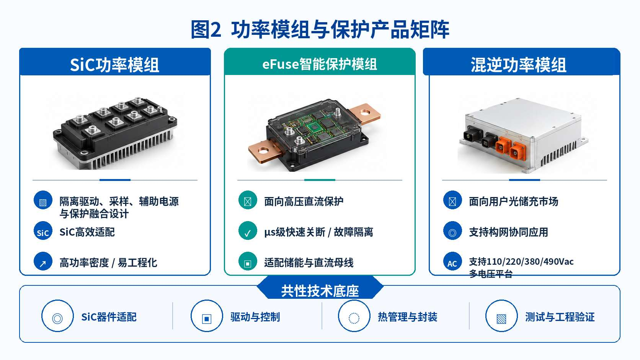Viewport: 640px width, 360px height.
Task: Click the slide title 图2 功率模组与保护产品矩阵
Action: click(x=320, y=29)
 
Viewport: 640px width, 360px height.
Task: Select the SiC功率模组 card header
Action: click(x=115, y=62)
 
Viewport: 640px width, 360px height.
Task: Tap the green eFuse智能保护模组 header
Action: click(x=320, y=62)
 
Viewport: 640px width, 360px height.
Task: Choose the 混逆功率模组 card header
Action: click(x=521, y=62)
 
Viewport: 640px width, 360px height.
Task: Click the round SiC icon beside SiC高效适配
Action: click(x=43, y=231)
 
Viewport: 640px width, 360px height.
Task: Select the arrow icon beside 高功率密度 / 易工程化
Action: click(x=43, y=261)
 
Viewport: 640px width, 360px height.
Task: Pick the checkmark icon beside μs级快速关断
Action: click(x=248, y=231)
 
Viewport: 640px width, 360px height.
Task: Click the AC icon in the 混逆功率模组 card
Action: click(x=452, y=261)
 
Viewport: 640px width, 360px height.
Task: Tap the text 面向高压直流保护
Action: click(x=304, y=202)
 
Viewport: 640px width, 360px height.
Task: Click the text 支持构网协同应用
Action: click(x=509, y=232)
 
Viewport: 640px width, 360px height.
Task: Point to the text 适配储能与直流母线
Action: click(x=309, y=263)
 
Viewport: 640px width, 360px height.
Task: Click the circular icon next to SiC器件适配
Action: click(x=57, y=316)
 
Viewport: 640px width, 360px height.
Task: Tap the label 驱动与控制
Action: click(x=255, y=317)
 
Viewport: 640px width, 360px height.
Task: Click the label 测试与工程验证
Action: click(x=560, y=317)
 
